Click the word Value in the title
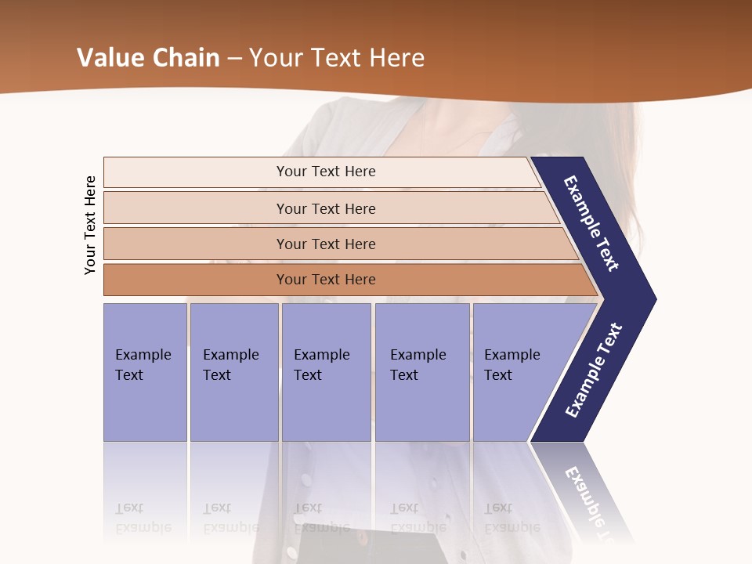click(x=110, y=58)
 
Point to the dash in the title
click(x=234, y=59)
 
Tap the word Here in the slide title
click(x=396, y=58)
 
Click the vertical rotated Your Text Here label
click(x=90, y=225)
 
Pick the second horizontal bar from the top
click(x=325, y=208)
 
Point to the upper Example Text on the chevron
click(x=591, y=223)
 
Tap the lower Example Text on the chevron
click(x=594, y=370)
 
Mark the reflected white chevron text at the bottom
click(x=589, y=501)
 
